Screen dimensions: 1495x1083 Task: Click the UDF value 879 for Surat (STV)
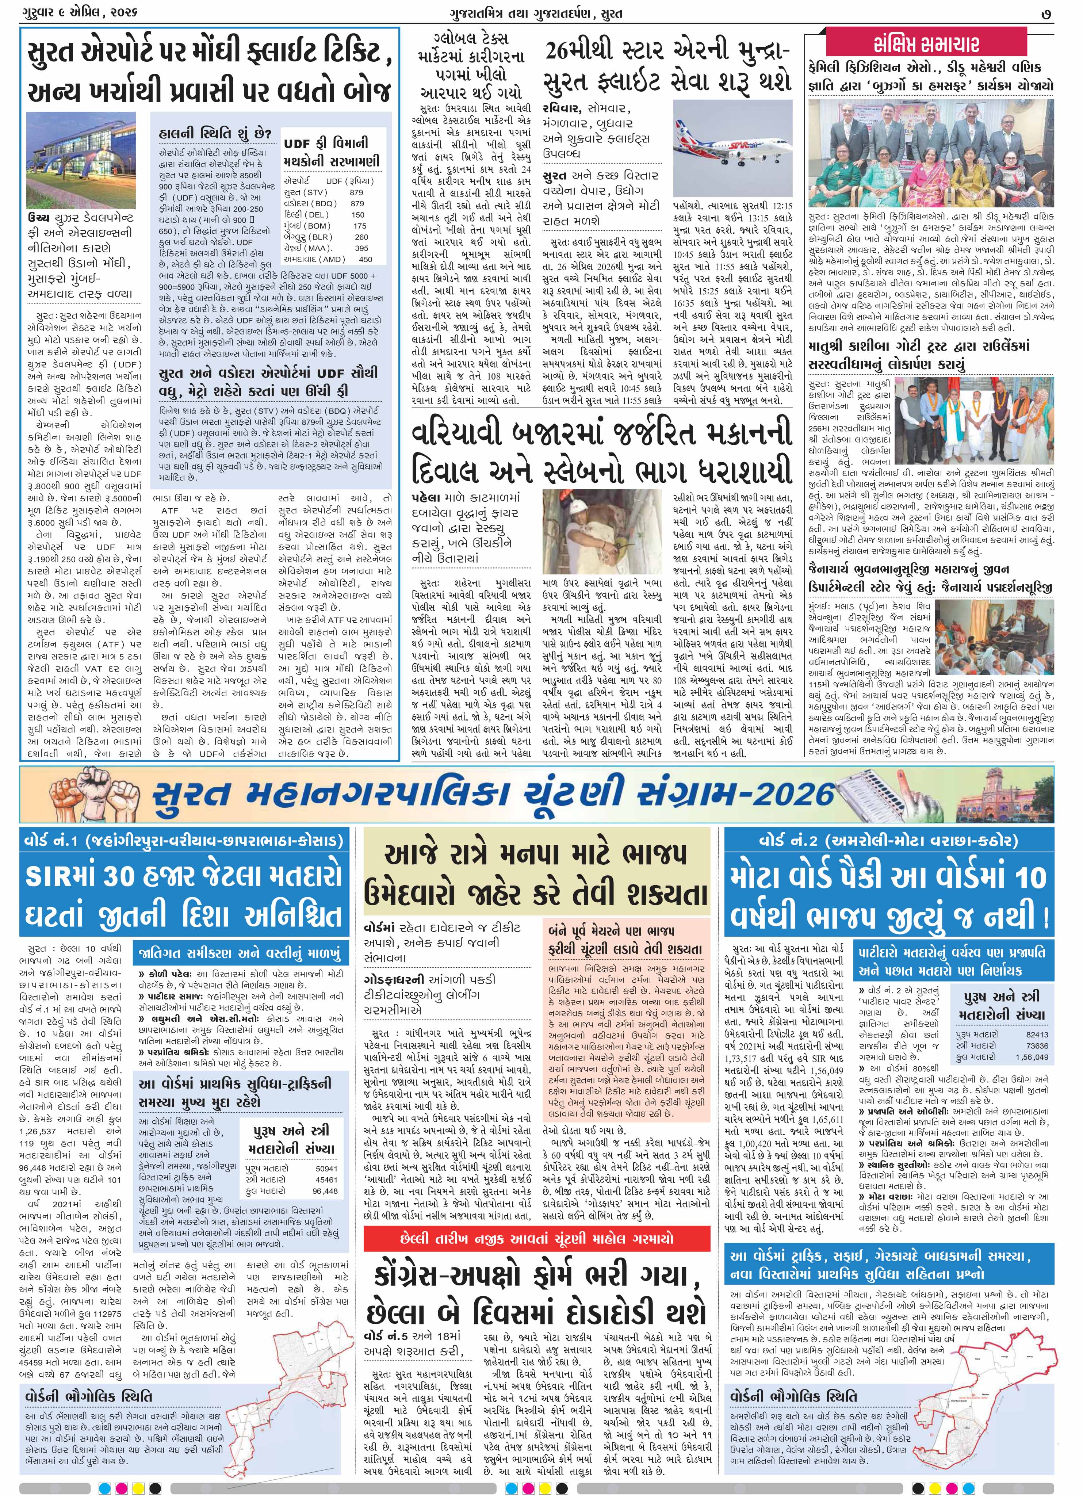[x=357, y=192]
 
